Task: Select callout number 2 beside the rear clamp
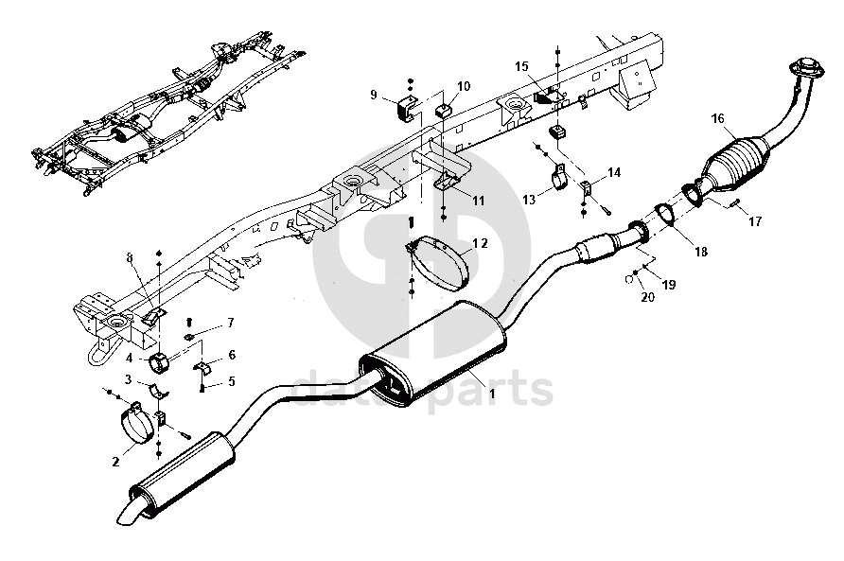(115, 463)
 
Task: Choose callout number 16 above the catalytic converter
(717, 118)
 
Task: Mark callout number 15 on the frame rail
(520, 65)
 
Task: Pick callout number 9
(374, 95)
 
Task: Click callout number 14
(614, 172)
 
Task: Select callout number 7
(229, 324)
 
